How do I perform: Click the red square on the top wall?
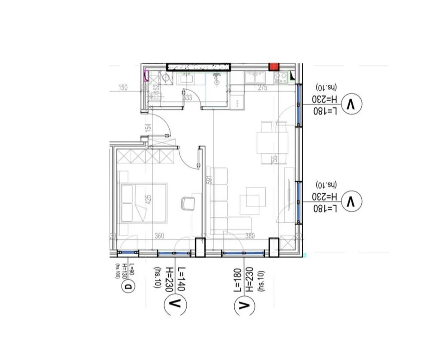click(x=274, y=66)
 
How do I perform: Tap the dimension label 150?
click(x=122, y=87)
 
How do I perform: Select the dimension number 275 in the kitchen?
click(x=263, y=88)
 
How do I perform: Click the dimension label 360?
click(x=159, y=236)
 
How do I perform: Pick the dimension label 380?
click(x=250, y=236)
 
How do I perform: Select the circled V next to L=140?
click(x=175, y=304)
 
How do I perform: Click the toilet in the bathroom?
click(x=156, y=96)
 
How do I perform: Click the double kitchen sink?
click(x=255, y=77)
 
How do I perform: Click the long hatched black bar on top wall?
click(x=199, y=67)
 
